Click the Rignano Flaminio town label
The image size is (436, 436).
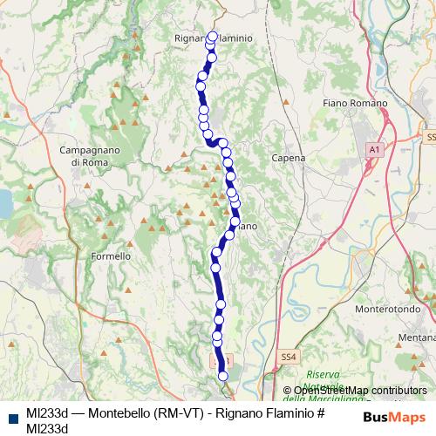click(x=213, y=38)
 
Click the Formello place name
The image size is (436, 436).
click(x=111, y=257)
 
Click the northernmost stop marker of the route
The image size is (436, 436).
click(x=213, y=37)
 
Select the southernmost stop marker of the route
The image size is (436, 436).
click(x=223, y=376)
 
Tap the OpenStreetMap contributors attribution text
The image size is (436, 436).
click(x=359, y=391)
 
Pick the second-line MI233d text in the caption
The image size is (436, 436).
click(x=47, y=427)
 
